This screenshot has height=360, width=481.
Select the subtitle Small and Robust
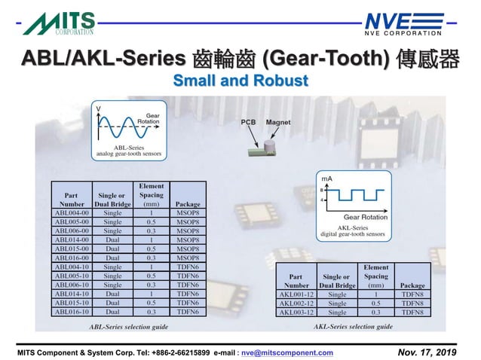240,81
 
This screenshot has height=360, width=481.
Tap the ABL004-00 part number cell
72,212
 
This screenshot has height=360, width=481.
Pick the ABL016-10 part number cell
72,311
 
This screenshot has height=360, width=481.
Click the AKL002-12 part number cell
296,303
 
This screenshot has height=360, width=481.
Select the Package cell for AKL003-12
412,312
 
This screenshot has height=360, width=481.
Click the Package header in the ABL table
187,203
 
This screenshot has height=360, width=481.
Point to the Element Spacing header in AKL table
375,276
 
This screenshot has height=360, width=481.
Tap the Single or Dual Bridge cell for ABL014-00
112,239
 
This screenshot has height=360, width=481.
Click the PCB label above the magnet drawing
248,122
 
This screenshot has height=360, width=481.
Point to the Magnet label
278,122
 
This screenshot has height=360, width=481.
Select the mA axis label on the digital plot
327,178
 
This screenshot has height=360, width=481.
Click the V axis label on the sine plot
98,110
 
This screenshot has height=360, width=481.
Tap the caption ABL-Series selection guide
128,327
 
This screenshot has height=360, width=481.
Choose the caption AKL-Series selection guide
353,327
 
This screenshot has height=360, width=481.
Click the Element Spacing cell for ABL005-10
152,276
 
